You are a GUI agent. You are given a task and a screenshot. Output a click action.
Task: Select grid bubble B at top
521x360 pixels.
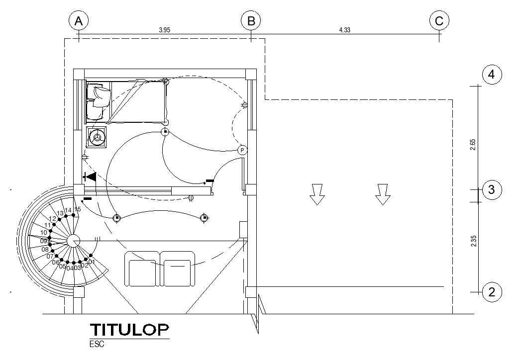[251, 21]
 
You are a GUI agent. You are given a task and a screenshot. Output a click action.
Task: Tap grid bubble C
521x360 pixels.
[439, 21]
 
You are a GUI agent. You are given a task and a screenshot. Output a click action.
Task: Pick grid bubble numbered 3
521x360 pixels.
[492, 189]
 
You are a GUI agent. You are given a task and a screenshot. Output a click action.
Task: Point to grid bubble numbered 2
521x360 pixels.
[492, 292]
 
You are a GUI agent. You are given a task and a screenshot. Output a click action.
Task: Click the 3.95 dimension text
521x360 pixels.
[165, 30]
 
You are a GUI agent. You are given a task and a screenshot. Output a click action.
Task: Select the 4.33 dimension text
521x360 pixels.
[344, 30]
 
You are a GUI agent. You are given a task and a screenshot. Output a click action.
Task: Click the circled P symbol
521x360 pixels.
[242, 150]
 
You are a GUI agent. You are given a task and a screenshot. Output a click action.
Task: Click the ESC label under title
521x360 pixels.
[97, 344]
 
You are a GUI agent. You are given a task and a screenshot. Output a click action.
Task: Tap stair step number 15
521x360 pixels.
[78, 209]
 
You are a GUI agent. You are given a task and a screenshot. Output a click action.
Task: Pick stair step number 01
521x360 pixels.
[91, 262]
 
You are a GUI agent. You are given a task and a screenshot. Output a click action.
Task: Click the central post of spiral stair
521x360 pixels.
[73, 241]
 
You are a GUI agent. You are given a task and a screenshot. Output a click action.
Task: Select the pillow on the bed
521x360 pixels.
[100, 96]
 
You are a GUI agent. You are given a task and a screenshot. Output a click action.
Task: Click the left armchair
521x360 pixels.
[142, 269]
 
